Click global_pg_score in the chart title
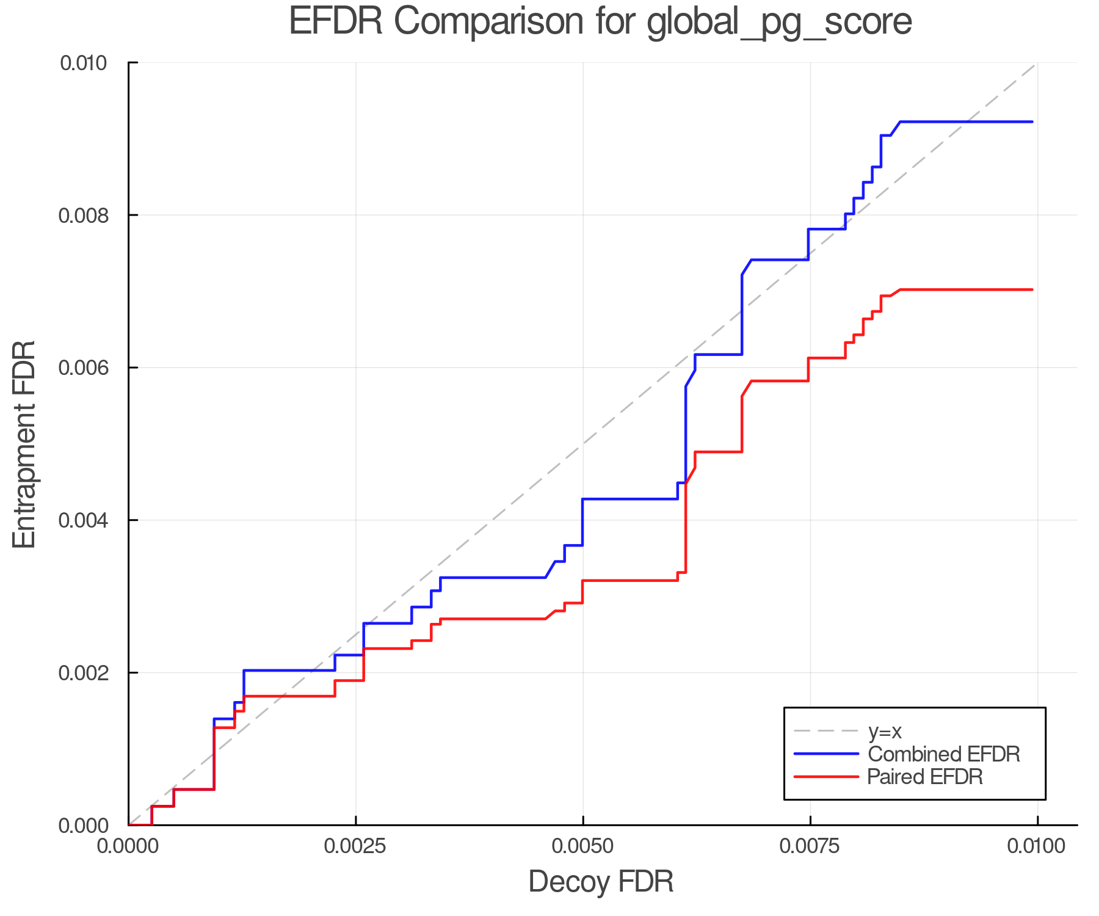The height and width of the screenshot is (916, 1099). (x=778, y=22)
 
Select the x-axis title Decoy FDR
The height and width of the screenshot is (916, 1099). (x=601, y=882)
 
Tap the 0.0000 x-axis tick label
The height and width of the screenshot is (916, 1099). (x=128, y=846)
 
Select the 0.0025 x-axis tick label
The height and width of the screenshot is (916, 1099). (x=355, y=846)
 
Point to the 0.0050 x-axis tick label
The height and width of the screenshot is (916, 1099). (x=582, y=846)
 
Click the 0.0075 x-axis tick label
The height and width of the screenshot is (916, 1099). (x=810, y=846)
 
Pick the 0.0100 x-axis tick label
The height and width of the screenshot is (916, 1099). (x=1037, y=846)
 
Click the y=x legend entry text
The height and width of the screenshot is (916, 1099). (x=885, y=732)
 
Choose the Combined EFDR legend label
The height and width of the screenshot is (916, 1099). (x=943, y=754)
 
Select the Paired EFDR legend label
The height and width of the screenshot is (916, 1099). (x=924, y=777)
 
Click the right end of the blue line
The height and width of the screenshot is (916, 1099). (x=1032, y=122)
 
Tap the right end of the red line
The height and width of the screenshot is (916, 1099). (x=1032, y=289)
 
